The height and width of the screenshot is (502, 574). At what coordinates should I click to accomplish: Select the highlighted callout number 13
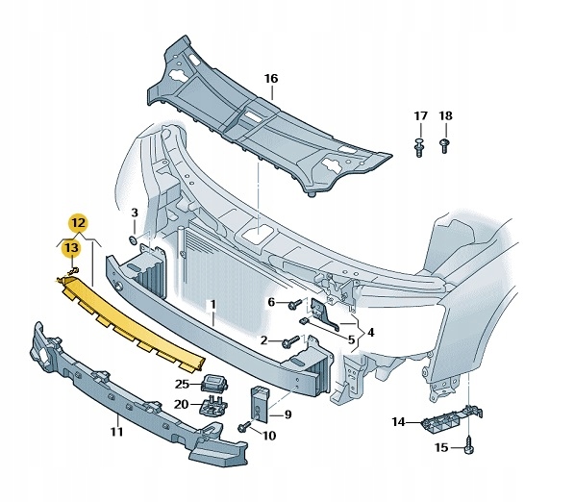click(71, 250)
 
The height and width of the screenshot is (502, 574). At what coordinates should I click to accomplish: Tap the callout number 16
click(271, 78)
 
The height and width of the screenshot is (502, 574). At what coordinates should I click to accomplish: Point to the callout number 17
click(420, 116)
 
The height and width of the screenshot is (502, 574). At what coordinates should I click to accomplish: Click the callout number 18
click(445, 116)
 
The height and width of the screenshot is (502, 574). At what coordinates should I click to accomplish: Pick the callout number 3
click(136, 213)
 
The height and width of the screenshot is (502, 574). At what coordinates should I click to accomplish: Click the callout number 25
click(182, 384)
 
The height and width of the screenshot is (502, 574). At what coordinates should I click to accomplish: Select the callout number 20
click(182, 404)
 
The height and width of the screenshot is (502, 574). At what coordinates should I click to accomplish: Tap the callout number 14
click(399, 420)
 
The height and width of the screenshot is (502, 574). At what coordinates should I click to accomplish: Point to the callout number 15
click(442, 448)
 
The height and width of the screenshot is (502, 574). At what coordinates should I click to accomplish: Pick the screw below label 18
click(444, 146)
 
